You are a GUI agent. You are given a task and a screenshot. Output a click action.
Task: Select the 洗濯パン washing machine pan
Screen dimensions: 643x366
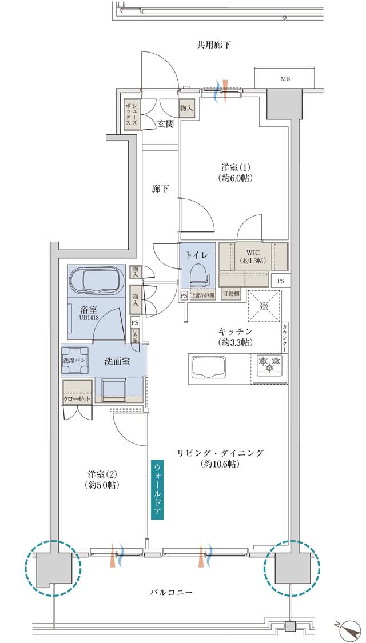[x=75, y=361]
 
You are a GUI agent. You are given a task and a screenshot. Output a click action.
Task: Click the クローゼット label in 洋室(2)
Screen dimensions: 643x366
[x=77, y=399]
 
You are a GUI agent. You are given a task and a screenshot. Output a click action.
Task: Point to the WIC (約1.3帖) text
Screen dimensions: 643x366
[x=253, y=256]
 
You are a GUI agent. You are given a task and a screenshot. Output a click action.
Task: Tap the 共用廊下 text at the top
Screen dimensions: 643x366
[x=214, y=45]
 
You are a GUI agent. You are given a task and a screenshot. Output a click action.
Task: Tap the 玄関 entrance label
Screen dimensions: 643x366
[x=166, y=124]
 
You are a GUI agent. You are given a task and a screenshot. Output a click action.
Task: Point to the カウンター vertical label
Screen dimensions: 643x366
[x=284, y=340]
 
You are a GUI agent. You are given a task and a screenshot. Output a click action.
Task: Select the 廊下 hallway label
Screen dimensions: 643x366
[x=160, y=189]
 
